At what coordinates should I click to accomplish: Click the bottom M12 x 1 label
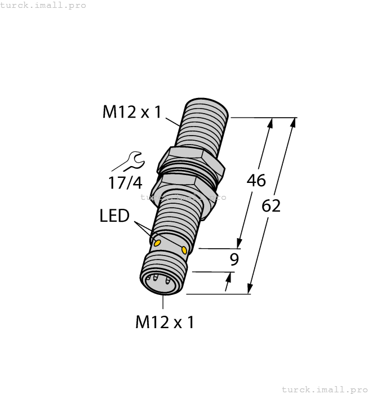tap(165, 322)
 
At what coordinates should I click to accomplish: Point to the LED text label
tap(114, 216)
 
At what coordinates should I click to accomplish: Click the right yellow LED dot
tap(185, 249)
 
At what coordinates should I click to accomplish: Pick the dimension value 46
tap(256, 181)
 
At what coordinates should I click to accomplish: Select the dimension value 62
tap(271, 206)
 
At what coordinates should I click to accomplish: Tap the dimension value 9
tap(235, 259)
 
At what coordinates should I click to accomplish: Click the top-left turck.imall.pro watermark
tap(43, 5)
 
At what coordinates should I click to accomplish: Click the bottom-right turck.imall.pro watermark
tap(324, 389)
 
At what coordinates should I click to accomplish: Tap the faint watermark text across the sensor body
tap(183, 197)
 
